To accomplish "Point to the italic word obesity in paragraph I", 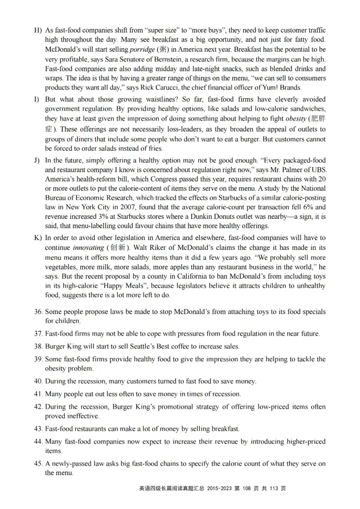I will click(297, 119).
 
